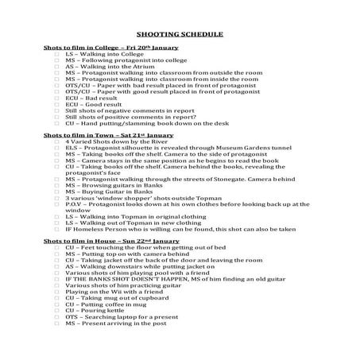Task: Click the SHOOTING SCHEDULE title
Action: tap(180, 35)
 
